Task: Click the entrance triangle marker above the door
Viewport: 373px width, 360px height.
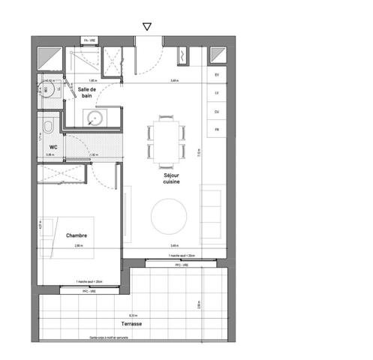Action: coord(146,26)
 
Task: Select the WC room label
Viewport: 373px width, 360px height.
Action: coord(54,147)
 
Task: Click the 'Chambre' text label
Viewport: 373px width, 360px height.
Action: coord(77,235)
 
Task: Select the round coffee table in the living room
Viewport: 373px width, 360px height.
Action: coord(170,216)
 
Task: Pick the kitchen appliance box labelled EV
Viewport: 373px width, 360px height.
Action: coord(217,76)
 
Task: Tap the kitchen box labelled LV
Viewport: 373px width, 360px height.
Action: coord(217,94)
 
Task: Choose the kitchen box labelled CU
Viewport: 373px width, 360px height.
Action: coord(217,112)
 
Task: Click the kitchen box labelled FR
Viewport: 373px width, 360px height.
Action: coord(217,130)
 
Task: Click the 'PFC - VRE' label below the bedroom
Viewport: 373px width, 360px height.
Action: coord(89,291)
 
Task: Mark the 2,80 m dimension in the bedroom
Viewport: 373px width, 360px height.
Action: coord(77,246)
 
